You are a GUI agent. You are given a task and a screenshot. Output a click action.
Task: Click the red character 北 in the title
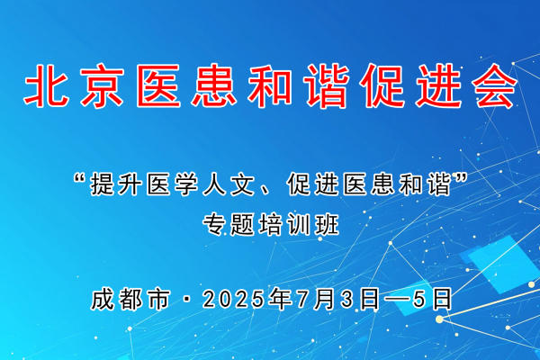[46, 85]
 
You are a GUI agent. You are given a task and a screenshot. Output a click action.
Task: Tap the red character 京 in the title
[103, 85]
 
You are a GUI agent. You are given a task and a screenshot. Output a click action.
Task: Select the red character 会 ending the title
[495, 85]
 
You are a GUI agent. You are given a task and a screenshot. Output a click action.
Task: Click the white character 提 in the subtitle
[103, 184]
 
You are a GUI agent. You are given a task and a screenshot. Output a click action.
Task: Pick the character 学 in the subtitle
[186, 184]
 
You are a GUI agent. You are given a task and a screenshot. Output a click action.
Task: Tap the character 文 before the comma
[242, 184]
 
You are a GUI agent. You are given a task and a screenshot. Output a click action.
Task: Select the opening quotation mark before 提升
[80, 178]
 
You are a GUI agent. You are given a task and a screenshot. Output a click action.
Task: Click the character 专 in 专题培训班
[214, 225]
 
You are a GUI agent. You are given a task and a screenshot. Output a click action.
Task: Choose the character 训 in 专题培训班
[299, 225]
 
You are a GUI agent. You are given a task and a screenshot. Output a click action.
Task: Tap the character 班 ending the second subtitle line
[328, 225]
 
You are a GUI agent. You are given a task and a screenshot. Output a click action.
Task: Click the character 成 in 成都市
[103, 299]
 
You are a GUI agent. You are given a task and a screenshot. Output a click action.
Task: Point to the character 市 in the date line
[159, 299]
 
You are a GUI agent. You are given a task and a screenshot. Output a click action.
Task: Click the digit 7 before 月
[303, 300]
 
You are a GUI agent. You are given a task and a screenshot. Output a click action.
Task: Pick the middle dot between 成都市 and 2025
[186, 300]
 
